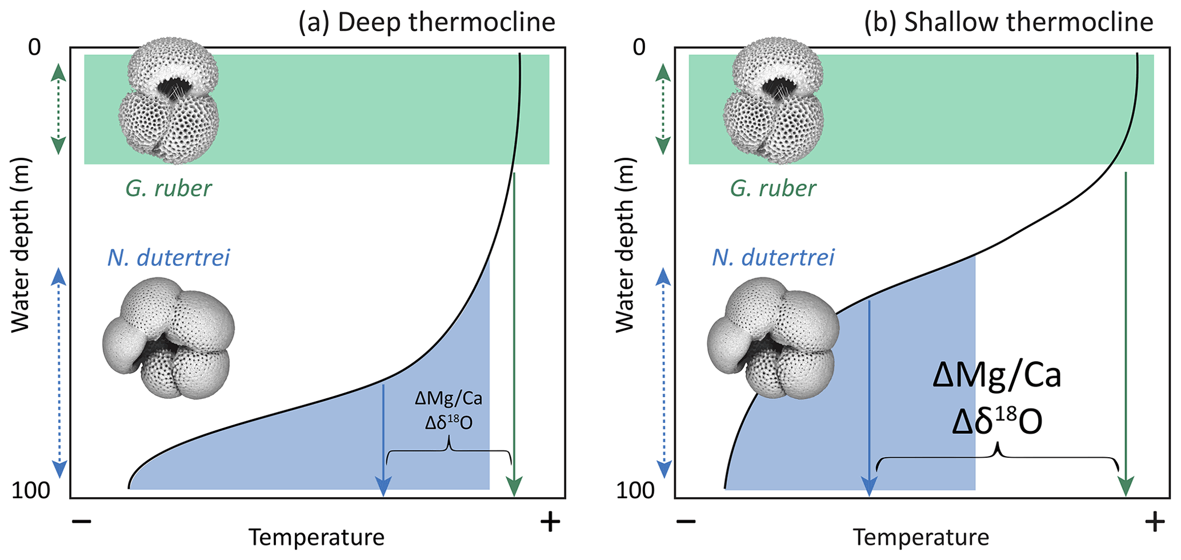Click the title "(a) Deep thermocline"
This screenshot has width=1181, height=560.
coord(426,23)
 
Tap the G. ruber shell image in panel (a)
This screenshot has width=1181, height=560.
coord(169,99)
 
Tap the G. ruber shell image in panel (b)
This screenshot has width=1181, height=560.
coord(774,99)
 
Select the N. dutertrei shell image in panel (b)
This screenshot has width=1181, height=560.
coord(774,341)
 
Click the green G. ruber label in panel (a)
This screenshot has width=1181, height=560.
coord(169,189)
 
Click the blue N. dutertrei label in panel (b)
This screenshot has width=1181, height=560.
coord(773,258)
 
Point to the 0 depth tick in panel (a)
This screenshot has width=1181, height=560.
coord(35,47)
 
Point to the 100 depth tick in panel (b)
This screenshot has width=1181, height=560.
coord(635,490)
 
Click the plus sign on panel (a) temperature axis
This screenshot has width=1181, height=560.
coord(550,521)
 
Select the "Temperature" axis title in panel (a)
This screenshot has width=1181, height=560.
coord(317,538)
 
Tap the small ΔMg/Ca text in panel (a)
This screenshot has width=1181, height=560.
coord(449,398)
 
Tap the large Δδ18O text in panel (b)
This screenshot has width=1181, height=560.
coord(997,423)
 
